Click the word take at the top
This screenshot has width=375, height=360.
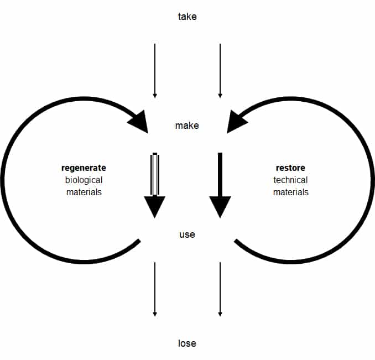point(187,17)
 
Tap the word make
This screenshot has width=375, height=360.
point(187,126)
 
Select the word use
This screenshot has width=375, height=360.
point(187,234)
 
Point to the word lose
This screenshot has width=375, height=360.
point(187,343)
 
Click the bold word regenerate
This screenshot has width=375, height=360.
point(84,168)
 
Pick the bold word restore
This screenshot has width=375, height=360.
point(290,168)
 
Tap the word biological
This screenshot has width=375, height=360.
point(84,180)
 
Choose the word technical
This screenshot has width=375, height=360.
point(290,180)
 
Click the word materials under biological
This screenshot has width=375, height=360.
point(84,192)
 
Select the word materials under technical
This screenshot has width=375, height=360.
point(290,192)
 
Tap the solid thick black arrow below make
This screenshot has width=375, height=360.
point(220,182)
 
